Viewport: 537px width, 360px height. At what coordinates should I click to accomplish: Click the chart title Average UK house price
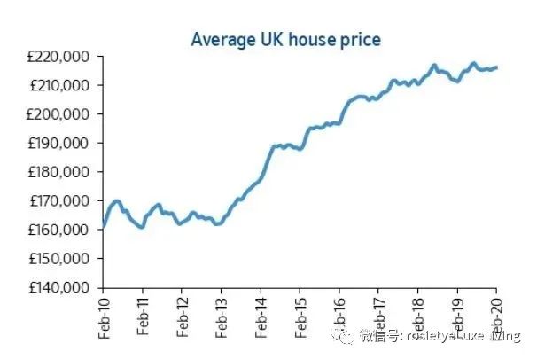285,40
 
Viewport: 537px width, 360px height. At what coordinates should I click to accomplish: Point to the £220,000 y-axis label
60,57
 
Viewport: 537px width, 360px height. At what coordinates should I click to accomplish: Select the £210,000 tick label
60,85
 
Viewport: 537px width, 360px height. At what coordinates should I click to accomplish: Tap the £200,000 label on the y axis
60,114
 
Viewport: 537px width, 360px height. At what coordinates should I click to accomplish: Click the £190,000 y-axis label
60,144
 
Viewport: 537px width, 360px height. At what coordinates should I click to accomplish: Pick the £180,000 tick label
60,172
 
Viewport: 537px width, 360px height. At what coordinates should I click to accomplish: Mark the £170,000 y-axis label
60,201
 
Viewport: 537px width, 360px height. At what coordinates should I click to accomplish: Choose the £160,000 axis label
60,231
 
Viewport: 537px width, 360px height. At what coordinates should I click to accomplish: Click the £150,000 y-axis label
60,259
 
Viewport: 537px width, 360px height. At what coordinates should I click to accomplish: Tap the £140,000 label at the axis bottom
60,288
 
